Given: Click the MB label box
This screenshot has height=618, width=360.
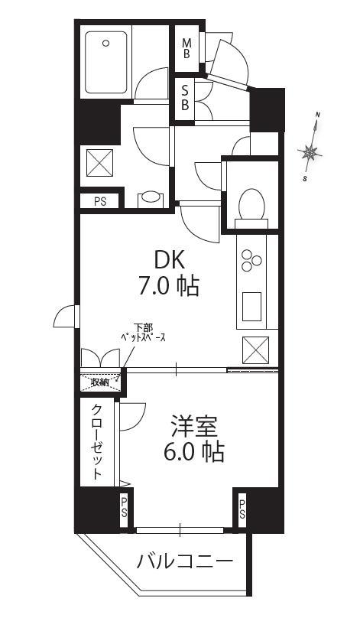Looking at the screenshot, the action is tap(186, 47).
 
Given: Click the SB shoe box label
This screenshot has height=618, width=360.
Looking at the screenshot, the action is tap(185, 99).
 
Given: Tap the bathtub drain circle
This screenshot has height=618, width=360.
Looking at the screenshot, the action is tap(105, 43).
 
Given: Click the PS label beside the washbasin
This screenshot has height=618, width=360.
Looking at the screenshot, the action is tap(100, 201).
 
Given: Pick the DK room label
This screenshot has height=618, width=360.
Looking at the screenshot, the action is tap(169, 261).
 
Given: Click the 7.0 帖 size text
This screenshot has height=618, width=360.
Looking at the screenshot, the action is tap(168, 286).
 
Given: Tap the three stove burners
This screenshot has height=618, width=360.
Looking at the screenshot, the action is tap(251, 260).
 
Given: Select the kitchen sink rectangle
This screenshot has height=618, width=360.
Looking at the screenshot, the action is tap(251, 306).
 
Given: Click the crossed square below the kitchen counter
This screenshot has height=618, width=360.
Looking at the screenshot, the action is tap(255, 350).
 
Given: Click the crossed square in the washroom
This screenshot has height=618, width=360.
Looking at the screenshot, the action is tap(99, 163).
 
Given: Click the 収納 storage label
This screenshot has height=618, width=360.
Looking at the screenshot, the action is tap(99, 382).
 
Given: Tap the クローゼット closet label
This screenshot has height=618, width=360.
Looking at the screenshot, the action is tap(97, 442).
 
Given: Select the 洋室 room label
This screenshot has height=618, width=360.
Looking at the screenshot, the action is tap(194, 427).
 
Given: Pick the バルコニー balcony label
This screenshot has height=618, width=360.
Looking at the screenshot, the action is tap(185, 561).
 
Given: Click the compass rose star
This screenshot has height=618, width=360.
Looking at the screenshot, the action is tap(310, 151).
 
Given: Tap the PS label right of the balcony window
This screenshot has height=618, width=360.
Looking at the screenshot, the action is tap(242, 509).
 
